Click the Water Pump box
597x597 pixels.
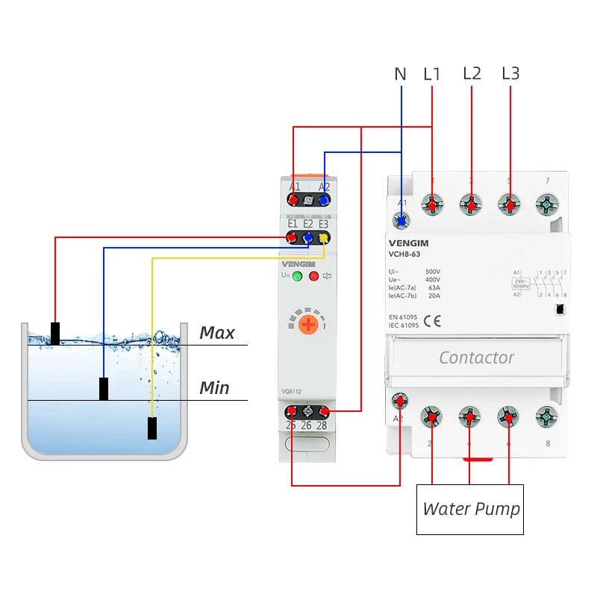(470, 509)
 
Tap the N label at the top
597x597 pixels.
(401, 74)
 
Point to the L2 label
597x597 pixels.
(472, 73)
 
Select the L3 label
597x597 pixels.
(510, 73)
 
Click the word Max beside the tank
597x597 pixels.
(217, 333)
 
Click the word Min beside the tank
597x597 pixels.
(214, 388)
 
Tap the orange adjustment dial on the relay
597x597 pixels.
(308, 325)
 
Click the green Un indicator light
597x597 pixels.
(297, 277)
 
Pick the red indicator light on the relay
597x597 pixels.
(313, 277)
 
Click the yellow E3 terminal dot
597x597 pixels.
(323, 238)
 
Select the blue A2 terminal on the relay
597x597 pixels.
(324, 199)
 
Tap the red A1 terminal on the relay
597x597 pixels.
(293, 199)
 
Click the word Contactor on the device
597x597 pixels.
(476, 357)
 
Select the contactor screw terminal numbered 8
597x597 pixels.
(548, 416)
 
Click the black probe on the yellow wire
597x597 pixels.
(152, 428)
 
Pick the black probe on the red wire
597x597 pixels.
(55, 333)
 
